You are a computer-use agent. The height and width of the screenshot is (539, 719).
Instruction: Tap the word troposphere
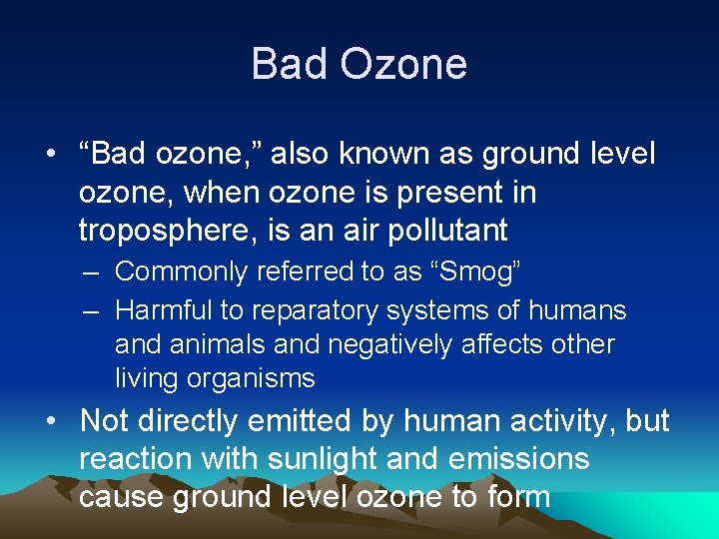pyautogui.click(x=161, y=232)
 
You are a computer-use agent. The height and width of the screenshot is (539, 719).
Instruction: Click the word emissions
pyautogui.click(x=522, y=459)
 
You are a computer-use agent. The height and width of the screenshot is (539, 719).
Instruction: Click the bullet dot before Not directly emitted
pyautogui.click(x=50, y=421)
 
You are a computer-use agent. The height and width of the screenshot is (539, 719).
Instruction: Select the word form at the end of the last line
pyautogui.click(x=512, y=496)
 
